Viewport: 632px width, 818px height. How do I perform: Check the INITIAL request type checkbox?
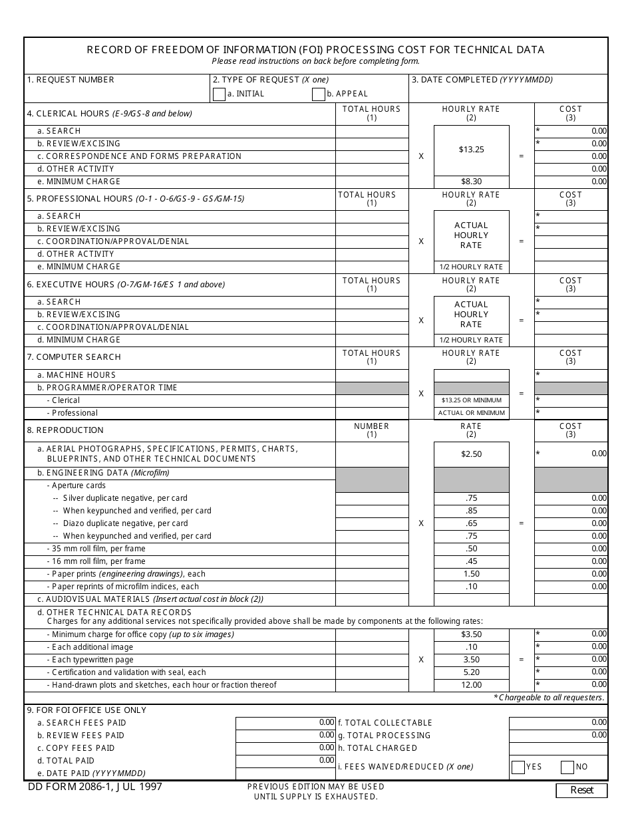(x=219, y=94)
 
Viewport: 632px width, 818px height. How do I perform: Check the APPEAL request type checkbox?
(x=318, y=94)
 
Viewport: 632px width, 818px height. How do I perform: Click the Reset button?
(x=582, y=790)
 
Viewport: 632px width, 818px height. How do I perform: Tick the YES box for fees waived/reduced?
(x=518, y=767)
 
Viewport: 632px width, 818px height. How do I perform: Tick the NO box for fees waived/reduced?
(x=567, y=767)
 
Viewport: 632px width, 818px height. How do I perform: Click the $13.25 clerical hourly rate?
(x=471, y=150)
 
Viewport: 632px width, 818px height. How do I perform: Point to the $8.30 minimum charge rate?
(x=471, y=182)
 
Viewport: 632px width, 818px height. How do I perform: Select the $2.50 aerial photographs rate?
(x=471, y=454)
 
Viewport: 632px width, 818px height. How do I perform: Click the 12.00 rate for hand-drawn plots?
(x=471, y=685)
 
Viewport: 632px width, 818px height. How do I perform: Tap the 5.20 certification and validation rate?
(x=471, y=672)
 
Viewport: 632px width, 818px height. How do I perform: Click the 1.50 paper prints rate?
(x=471, y=574)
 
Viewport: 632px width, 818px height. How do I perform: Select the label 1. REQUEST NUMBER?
(x=71, y=80)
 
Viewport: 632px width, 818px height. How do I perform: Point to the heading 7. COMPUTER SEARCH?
(x=73, y=357)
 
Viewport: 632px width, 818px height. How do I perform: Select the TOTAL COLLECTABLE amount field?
(x=558, y=722)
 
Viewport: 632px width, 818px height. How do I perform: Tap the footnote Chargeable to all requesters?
(x=550, y=698)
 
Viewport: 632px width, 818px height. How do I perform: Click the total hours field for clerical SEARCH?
(x=371, y=131)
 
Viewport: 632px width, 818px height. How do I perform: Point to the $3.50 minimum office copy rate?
(x=471, y=634)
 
